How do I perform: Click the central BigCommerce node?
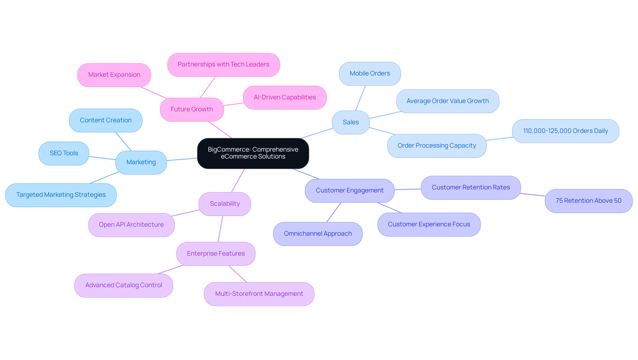(253, 153)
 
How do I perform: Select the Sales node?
(351, 122)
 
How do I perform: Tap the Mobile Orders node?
(370, 73)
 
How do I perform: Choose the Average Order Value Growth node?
(447, 101)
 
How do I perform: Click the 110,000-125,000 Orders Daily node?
(565, 131)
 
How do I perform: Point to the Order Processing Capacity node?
(437, 146)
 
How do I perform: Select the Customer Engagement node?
(349, 190)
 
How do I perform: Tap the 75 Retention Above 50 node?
(588, 201)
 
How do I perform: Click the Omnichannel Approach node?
(318, 234)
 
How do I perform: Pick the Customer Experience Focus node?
(429, 224)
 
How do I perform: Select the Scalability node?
(225, 204)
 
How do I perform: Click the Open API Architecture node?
(131, 225)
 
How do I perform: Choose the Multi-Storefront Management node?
(259, 294)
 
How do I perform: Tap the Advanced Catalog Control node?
(124, 285)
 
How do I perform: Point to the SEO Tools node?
(64, 153)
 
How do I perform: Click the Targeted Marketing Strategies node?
(61, 195)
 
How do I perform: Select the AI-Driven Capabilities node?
(285, 97)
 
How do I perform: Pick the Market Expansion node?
(114, 75)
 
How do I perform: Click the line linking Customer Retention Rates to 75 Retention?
(533, 194)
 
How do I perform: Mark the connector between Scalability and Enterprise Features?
(220, 229)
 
